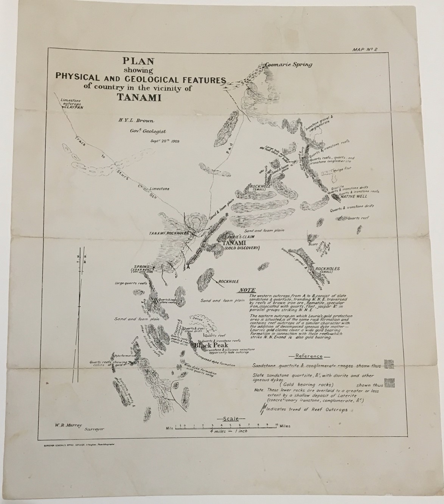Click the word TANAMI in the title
140,97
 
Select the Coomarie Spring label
289,64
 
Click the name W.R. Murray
67,425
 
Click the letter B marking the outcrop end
226,215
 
